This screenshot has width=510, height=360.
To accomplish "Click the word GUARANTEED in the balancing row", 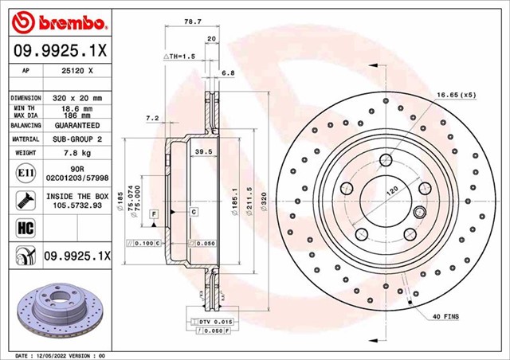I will pos(77,126).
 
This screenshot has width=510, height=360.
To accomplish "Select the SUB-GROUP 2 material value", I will pos(77,139).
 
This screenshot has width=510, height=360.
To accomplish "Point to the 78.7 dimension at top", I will pos(190,22).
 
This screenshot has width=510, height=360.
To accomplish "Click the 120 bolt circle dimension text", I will pos(392,192).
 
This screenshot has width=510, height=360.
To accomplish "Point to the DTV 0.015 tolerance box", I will pos(206,320).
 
